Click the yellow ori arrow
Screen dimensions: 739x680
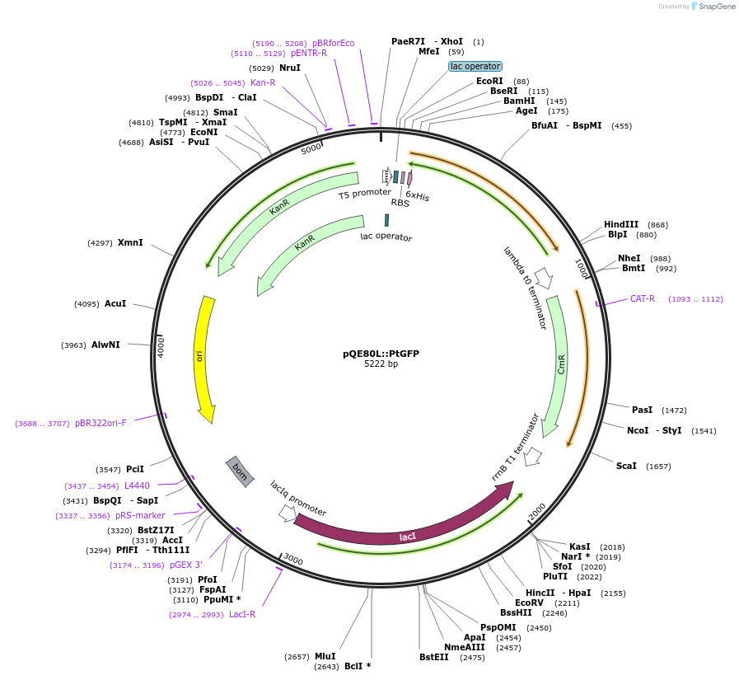click(201, 359)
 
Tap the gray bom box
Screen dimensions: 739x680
click(240, 471)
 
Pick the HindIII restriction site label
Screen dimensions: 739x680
click(620, 224)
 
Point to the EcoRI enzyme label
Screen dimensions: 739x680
click(489, 81)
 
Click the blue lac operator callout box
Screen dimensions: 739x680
click(475, 66)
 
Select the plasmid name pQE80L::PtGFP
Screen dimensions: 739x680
click(381, 354)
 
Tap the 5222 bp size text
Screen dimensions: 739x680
click(381, 363)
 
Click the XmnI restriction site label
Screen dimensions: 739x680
click(130, 242)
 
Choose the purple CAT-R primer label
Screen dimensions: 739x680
click(643, 298)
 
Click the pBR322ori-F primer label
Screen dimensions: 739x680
click(101, 423)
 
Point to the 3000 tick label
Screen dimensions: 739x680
click(292, 560)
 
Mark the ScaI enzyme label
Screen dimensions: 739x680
click(626, 466)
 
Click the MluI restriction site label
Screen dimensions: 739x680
click(325, 656)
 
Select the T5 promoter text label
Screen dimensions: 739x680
click(365, 194)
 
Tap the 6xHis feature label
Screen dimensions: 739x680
click(418, 196)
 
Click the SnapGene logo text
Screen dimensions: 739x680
click(717, 6)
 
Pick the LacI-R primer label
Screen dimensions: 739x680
click(242, 614)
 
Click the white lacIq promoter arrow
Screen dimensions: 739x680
click(287, 513)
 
